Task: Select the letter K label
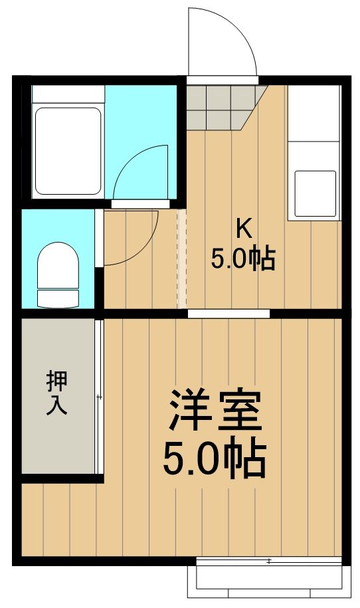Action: (244, 229)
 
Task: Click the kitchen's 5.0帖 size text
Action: (243, 258)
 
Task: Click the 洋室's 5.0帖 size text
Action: (215, 458)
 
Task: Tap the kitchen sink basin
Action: (314, 193)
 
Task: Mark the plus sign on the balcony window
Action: (269, 561)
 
